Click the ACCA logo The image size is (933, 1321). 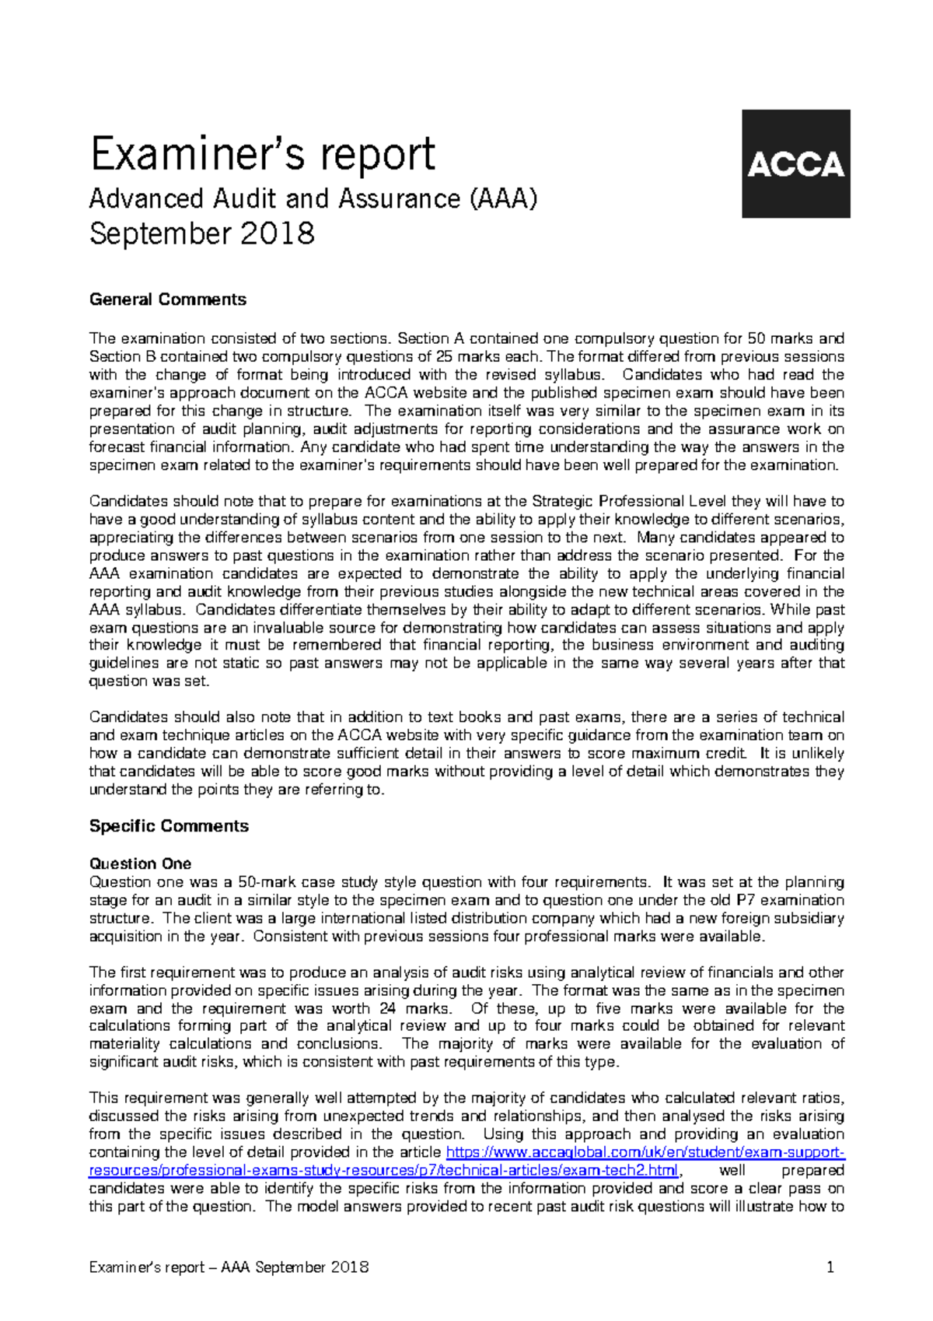pos(795,163)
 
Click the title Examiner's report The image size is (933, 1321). pos(262,153)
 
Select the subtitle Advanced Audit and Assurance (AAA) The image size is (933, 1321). pos(313,199)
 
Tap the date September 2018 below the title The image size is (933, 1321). pos(201,233)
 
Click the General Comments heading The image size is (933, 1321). pos(167,300)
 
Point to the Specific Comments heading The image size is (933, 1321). pos(169,826)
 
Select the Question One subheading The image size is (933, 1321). pos(140,864)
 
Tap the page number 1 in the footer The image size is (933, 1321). pos(830,1267)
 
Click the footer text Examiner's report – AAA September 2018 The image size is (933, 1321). pos(229,1267)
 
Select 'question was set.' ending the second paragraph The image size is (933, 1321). pos(149,682)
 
